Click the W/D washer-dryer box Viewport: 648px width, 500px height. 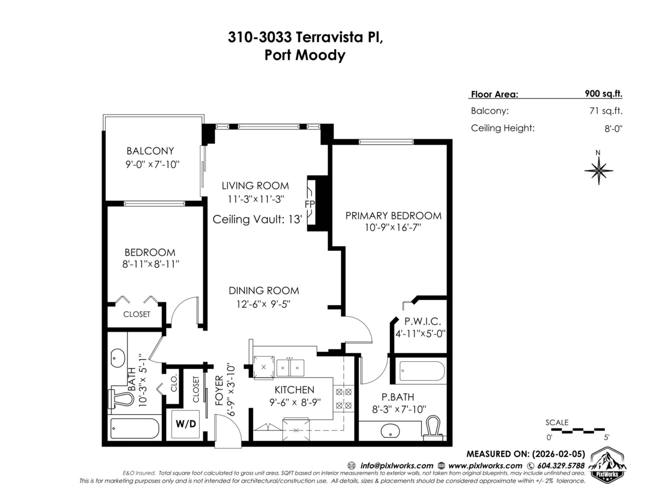[185, 424]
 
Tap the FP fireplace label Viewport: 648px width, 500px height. [310, 204]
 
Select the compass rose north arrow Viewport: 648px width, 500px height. [598, 170]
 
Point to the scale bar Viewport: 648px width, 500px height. [578, 430]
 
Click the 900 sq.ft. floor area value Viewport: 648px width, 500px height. [604, 93]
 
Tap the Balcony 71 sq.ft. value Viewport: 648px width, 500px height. [606, 111]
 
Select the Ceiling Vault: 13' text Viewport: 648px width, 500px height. [258, 220]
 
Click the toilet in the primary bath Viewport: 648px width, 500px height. [434, 428]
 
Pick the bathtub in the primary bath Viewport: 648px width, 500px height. [422, 371]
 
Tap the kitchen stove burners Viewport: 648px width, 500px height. [343, 399]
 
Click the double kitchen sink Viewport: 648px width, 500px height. [290, 368]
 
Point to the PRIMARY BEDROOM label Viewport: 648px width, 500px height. [393, 216]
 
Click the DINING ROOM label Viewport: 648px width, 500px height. [264, 291]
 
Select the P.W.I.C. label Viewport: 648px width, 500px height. [422, 321]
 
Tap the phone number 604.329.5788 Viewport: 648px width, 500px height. [561, 465]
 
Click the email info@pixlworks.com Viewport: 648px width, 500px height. [396, 466]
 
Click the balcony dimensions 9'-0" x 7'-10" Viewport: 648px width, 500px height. [152, 165]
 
